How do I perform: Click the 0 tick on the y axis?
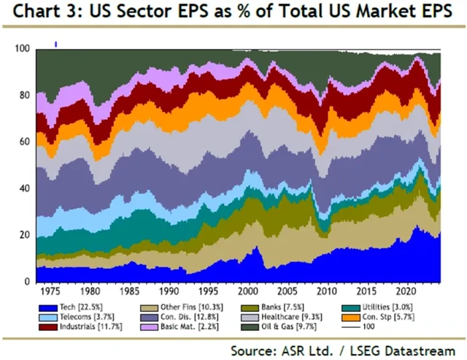pos(26,282)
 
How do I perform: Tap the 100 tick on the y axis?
pos(22,49)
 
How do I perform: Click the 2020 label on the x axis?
pos(400,291)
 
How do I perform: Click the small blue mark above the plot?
pos(55,44)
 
